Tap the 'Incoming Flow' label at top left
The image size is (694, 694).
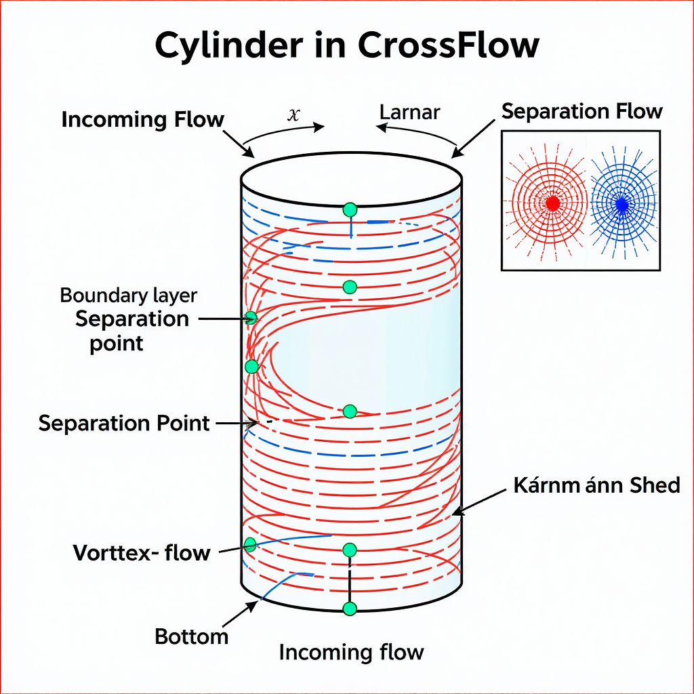[x=142, y=120]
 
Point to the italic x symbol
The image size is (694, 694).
[x=293, y=115]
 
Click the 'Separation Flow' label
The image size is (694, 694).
[x=581, y=111]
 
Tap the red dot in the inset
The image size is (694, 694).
[x=552, y=203]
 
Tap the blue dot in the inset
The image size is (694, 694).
[x=621, y=203]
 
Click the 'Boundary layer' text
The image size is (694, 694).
[x=128, y=295]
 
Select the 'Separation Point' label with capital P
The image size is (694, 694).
[x=124, y=424]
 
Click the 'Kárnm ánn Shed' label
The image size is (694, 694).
[x=596, y=485]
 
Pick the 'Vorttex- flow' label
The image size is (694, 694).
[x=141, y=553]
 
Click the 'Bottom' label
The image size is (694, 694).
[x=192, y=636]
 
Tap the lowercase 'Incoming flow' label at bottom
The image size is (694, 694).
[x=351, y=653]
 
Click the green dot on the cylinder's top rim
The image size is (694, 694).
[x=350, y=209]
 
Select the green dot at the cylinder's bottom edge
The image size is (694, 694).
[x=350, y=609]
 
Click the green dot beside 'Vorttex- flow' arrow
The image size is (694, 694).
[x=250, y=544]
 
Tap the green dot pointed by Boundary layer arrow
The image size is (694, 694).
[x=251, y=317]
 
